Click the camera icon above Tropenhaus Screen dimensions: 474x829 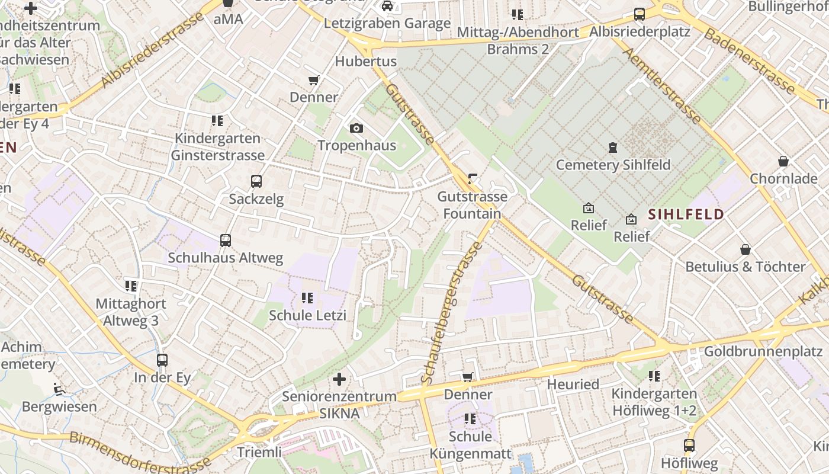[x=356, y=128]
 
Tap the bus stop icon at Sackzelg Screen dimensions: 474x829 [x=256, y=181]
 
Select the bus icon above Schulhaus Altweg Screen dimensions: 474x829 [x=226, y=241]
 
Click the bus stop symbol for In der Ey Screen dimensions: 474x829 [x=162, y=360]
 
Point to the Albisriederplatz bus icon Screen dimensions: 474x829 [x=640, y=14]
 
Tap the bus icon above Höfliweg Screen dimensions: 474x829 [x=689, y=446]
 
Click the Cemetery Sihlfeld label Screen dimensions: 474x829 [x=613, y=165]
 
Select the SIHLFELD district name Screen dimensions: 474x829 [x=686, y=214]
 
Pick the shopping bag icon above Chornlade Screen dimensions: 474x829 [x=783, y=161]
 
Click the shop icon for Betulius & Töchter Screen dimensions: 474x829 [x=746, y=250]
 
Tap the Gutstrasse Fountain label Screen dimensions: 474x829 [x=472, y=205]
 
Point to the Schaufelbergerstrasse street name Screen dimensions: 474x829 [x=452, y=312]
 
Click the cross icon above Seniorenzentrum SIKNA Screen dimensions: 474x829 [x=339, y=379]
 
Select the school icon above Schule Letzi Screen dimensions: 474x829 [x=307, y=298]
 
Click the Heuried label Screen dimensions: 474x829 [x=573, y=385]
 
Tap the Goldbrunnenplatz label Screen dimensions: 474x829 [x=763, y=352]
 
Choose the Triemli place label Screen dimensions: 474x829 [x=259, y=453]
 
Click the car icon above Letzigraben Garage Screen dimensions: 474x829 [x=387, y=7]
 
